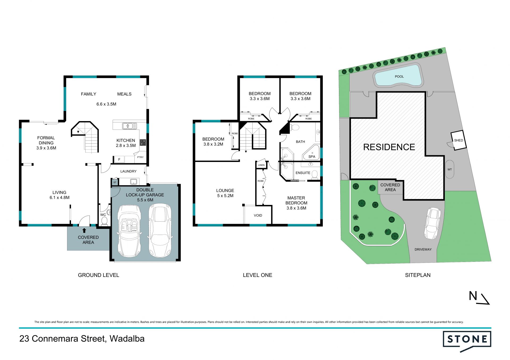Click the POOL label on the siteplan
399,76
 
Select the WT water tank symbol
449,169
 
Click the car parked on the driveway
433,223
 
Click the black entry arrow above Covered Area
84,230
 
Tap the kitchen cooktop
143,143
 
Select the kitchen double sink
129,126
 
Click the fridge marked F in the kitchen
119,159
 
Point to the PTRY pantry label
140,157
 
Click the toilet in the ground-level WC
104,221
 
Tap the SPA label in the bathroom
312,157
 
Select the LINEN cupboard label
261,165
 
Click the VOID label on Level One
258,215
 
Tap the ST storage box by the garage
115,182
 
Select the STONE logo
467,341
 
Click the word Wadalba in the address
127,339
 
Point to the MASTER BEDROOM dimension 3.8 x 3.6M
296,208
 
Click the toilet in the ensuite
314,174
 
